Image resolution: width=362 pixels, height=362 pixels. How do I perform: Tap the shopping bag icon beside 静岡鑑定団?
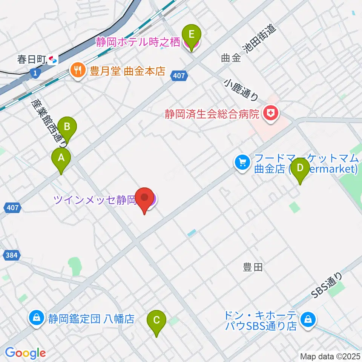pos(36,319)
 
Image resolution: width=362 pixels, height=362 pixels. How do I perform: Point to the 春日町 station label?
pos(32,59)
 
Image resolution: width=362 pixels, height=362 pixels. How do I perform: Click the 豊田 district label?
pos(252,268)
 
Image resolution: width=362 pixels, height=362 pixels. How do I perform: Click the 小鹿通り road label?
pos(241,90)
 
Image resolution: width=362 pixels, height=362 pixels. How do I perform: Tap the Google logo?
pos(25,353)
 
